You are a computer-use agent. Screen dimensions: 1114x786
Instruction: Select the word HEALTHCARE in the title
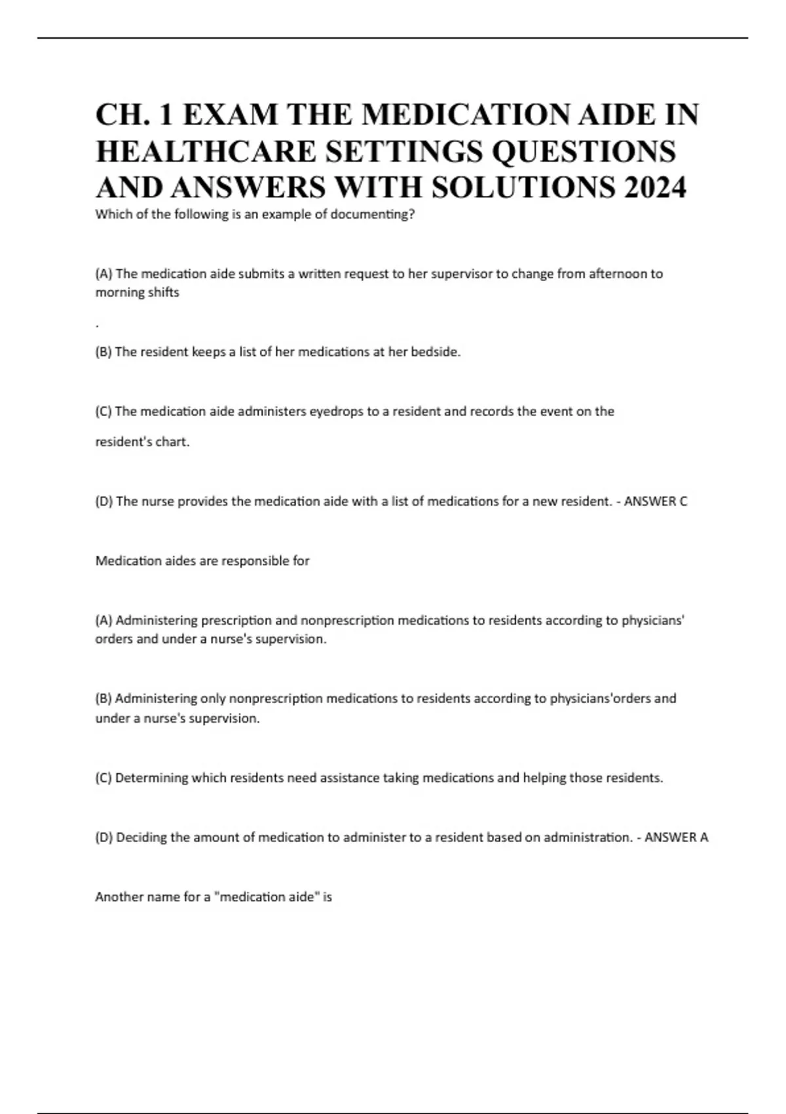pos(206,151)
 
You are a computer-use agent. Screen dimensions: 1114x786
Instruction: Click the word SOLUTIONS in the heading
pos(523,188)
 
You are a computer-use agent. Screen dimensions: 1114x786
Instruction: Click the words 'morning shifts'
pos(137,293)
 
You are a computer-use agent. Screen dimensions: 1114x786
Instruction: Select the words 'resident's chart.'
pos(142,442)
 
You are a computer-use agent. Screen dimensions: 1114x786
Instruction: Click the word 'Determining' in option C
pos(151,778)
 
